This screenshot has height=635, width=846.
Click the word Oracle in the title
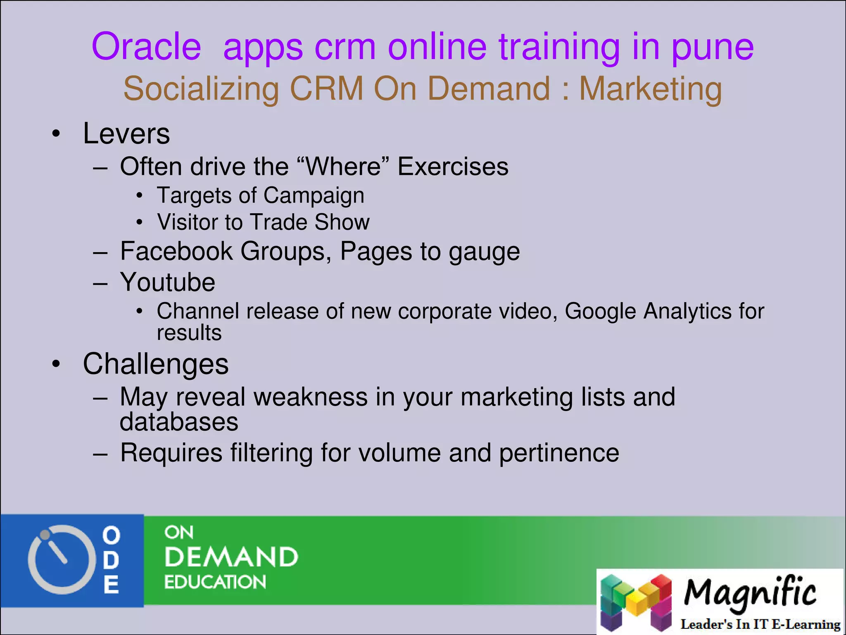146,47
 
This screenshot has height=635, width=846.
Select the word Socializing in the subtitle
201,89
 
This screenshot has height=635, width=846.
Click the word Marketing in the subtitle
650,89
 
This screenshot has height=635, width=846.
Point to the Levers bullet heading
126,134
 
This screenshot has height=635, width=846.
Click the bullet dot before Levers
56,134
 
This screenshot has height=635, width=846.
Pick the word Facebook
176,251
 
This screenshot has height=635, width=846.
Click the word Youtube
167,282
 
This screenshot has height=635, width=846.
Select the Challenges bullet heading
155,364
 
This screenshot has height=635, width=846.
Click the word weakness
310,397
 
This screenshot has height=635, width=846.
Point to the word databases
179,422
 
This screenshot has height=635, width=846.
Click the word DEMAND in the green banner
231,557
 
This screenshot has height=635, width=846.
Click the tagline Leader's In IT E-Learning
760,624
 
